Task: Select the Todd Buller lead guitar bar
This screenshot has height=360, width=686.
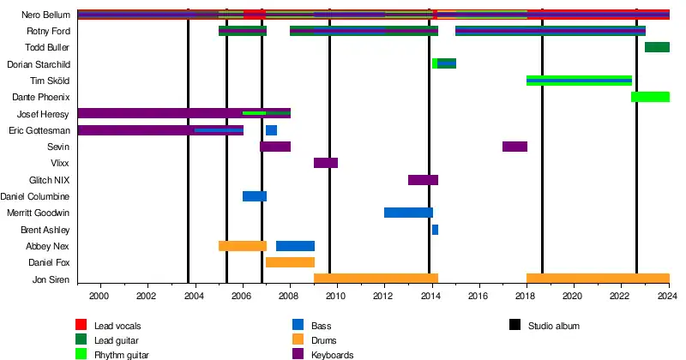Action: point(657,47)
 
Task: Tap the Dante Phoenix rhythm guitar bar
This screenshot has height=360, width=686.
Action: point(650,97)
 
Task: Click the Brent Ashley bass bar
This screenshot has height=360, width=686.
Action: point(435,230)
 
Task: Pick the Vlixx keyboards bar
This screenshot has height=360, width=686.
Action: point(326,163)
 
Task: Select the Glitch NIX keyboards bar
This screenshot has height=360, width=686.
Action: point(423,180)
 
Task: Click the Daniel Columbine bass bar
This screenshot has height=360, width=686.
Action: point(255,196)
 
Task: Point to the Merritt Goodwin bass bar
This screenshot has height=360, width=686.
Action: point(408,213)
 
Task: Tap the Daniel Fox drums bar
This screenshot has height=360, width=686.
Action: point(290,262)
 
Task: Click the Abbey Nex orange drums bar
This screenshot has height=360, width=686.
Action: point(243,246)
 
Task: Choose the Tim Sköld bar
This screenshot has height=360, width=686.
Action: point(579,81)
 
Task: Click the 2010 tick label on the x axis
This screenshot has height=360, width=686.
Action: point(335,296)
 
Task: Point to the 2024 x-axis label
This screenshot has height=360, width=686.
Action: point(668,296)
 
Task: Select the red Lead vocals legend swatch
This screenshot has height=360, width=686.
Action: point(81,325)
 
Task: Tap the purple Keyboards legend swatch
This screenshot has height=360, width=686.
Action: point(298,354)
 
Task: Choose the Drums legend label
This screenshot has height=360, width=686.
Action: point(324,340)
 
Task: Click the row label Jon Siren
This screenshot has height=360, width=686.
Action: point(51,279)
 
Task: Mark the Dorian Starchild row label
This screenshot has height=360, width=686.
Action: point(39,64)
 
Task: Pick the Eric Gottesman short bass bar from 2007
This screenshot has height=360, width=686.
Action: point(271,130)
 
